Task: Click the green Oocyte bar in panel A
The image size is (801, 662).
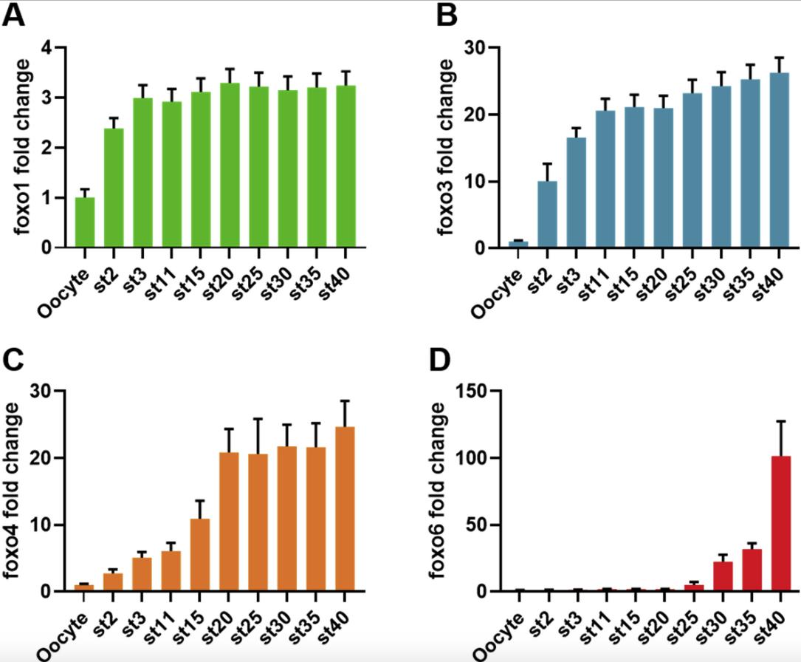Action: (86, 222)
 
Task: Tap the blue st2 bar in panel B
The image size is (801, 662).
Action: (548, 214)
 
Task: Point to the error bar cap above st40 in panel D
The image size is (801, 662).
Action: (780, 421)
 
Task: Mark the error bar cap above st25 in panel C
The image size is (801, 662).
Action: (258, 419)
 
